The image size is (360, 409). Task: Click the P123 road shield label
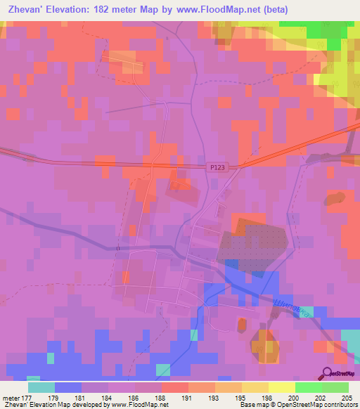coord(217,167)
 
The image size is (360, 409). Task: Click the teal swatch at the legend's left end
coord(41,387)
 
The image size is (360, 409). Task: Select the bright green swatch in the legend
coord(308,387)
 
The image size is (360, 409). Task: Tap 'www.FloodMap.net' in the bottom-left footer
coord(142,405)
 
